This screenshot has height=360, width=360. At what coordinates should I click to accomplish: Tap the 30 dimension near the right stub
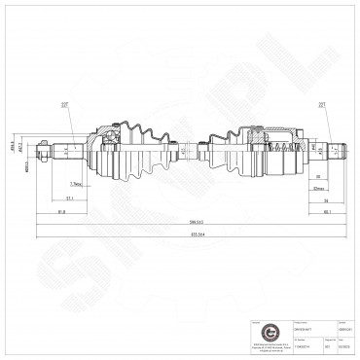coord(318,177)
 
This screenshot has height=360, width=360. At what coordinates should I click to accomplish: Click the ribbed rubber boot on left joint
coord(144,151)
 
